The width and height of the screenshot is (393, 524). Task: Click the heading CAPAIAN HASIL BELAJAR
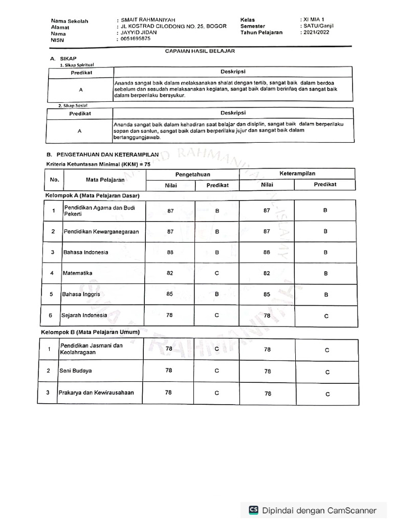pyautogui.click(x=200, y=51)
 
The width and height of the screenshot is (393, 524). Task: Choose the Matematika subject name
pyautogui.click(x=78, y=273)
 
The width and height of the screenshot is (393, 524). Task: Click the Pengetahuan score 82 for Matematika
pyautogui.click(x=170, y=273)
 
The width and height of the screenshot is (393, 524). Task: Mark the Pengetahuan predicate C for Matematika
pyautogui.click(x=217, y=273)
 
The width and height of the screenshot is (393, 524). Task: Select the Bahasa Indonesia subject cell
pyautogui.click(x=85, y=252)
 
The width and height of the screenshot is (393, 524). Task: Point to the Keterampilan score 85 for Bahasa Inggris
pyautogui.click(x=267, y=294)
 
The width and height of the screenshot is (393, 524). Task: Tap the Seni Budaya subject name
pyautogui.click(x=76, y=370)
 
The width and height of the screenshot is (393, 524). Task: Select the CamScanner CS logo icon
pyautogui.click(x=253, y=510)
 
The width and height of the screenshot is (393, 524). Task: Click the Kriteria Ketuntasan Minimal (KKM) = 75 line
pyautogui.click(x=98, y=164)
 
